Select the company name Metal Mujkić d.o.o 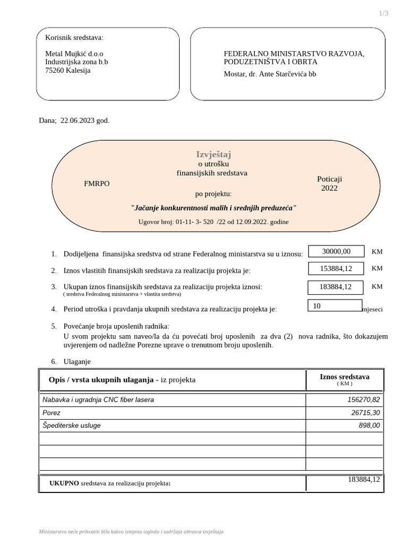coord(74,54)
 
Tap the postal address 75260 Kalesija coord(68,70)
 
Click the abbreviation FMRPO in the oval coord(97,183)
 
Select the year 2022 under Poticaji coord(329,188)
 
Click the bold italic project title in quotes coord(213,208)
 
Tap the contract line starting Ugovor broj coord(213,222)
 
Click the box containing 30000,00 coord(336,251)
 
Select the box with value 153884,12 coord(336,269)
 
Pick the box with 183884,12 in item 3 coord(336,287)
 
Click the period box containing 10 coord(335,306)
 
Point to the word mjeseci coord(372,309)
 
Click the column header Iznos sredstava coord(344,379)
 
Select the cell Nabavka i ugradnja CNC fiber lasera coord(98,399)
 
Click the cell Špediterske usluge coord(71,426)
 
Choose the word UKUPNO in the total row coord(64,483)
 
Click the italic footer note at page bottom coord(131,532)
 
